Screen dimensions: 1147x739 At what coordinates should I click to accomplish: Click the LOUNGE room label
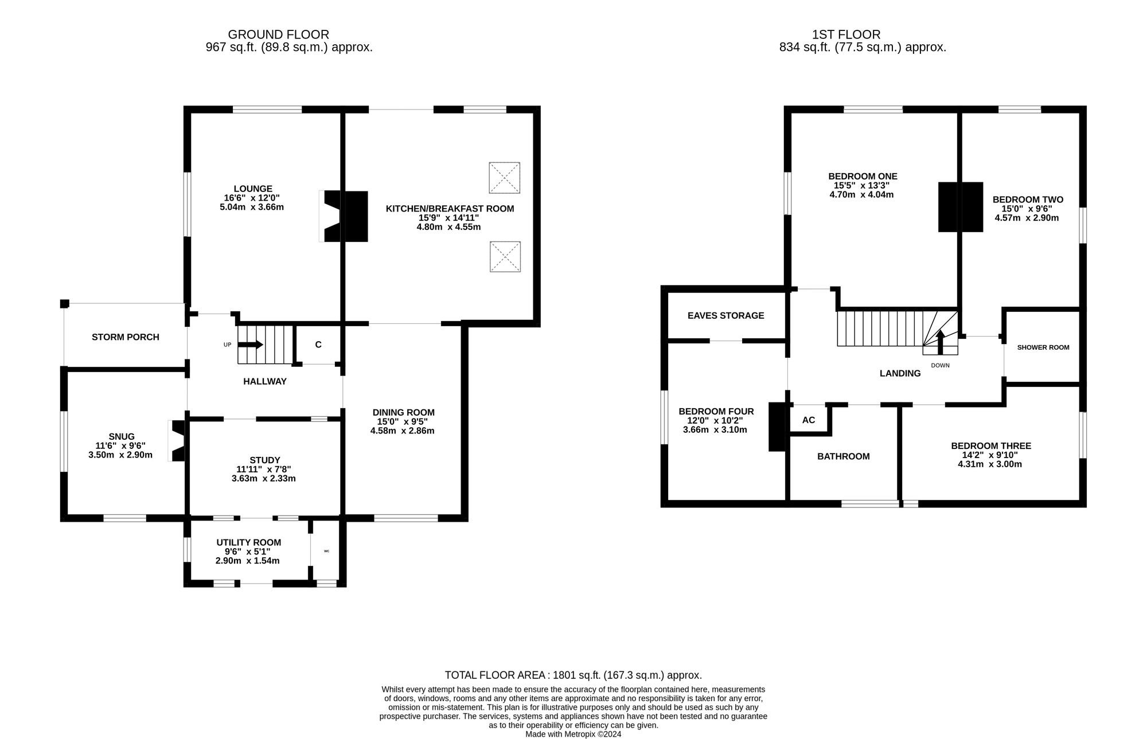pyautogui.click(x=253, y=189)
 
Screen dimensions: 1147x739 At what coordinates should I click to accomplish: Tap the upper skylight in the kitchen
pyautogui.click(x=505, y=178)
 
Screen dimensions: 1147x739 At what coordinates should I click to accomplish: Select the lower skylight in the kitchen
pyautogui.click(x=505, y=256)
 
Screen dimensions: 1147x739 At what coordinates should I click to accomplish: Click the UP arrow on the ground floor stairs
pyautogui.click(x=250, y=345)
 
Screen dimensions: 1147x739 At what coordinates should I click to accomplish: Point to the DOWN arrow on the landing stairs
pyautogui.click(x=940, y=343)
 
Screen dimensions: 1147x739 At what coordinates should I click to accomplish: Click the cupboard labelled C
pyautogui.click(x=318, y=345)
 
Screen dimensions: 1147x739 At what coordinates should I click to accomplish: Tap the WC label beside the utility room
pyautogui.click(x=327, y=552)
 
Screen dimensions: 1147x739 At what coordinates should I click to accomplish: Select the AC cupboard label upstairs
pyautogui.click(x=809, y=420)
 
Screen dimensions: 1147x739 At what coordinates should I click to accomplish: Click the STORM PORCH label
pyautogui.click(x=126, y=337)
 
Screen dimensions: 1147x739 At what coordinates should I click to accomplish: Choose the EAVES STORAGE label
pyautogui.click(x=726, y=315)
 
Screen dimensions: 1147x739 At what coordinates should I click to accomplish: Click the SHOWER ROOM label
pyautogui.click(x=1043, y=347)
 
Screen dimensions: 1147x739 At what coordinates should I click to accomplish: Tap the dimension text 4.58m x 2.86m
pyautogui.click(x=402, y=431)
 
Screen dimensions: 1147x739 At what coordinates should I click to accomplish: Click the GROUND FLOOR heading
pyautogui.click(x=279, y=35)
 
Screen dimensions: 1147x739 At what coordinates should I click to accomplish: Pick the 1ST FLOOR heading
pyautogui.click(x=846, y=35)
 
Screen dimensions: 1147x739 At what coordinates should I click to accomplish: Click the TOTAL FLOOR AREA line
pyautogui.click(x=573, y=675)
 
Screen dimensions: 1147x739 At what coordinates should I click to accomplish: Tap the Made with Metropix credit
pyautogui.click(x=573, y=734)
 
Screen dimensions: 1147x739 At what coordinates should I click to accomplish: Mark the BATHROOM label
pyautogui.click(x=844, y=456)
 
